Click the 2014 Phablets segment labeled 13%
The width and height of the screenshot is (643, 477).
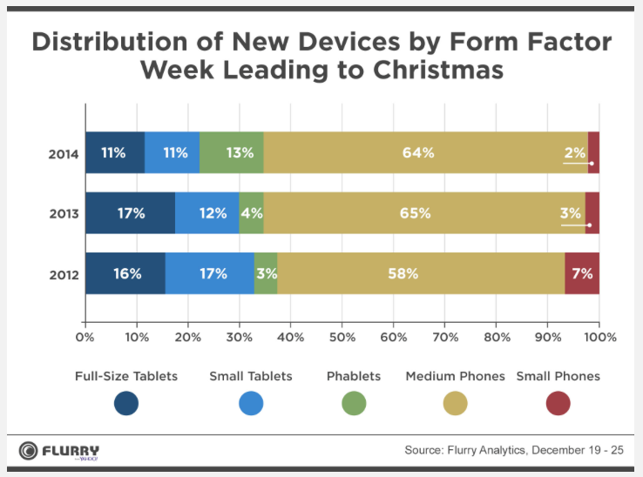click(232, 153)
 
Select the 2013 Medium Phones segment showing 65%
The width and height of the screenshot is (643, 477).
click(423, 213)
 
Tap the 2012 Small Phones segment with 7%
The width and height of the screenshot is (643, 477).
click(582, 273)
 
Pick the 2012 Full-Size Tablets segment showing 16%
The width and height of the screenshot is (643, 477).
click(125, 273)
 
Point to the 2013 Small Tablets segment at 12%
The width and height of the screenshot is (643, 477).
click(207, 213)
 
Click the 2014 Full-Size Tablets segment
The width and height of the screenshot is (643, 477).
click(115, 153)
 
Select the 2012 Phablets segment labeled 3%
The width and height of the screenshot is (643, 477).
click(266, 273)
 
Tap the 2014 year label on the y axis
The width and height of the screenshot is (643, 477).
click(64, 155)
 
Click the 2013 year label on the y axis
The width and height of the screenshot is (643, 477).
click(64, 214)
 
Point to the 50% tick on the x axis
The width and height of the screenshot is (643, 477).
click(342, 336)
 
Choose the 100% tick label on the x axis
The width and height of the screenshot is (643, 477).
click(599, 336)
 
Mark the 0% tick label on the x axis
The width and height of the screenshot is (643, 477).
click(85, 336)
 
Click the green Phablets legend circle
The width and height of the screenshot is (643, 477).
click(354, 403)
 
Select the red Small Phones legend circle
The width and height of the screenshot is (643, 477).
click(558, 403)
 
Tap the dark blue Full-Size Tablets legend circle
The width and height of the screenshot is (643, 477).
click(126, 403)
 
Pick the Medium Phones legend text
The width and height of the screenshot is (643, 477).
click(455, 376)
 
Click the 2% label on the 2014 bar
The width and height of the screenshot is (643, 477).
click(574, 152)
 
